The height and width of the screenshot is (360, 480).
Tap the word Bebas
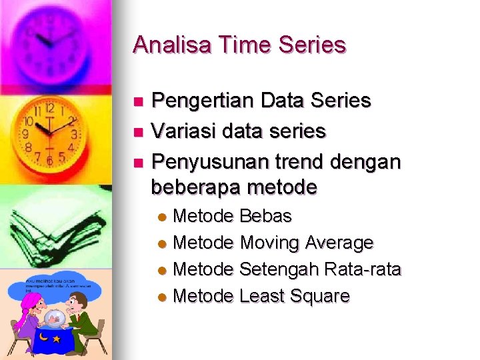[265, 216]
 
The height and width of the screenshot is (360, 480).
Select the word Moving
[269, 243]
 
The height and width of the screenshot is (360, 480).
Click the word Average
[339, 243]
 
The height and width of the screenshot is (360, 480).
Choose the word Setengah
[279, 269]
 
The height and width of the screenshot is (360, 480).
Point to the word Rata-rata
[363, 269]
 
